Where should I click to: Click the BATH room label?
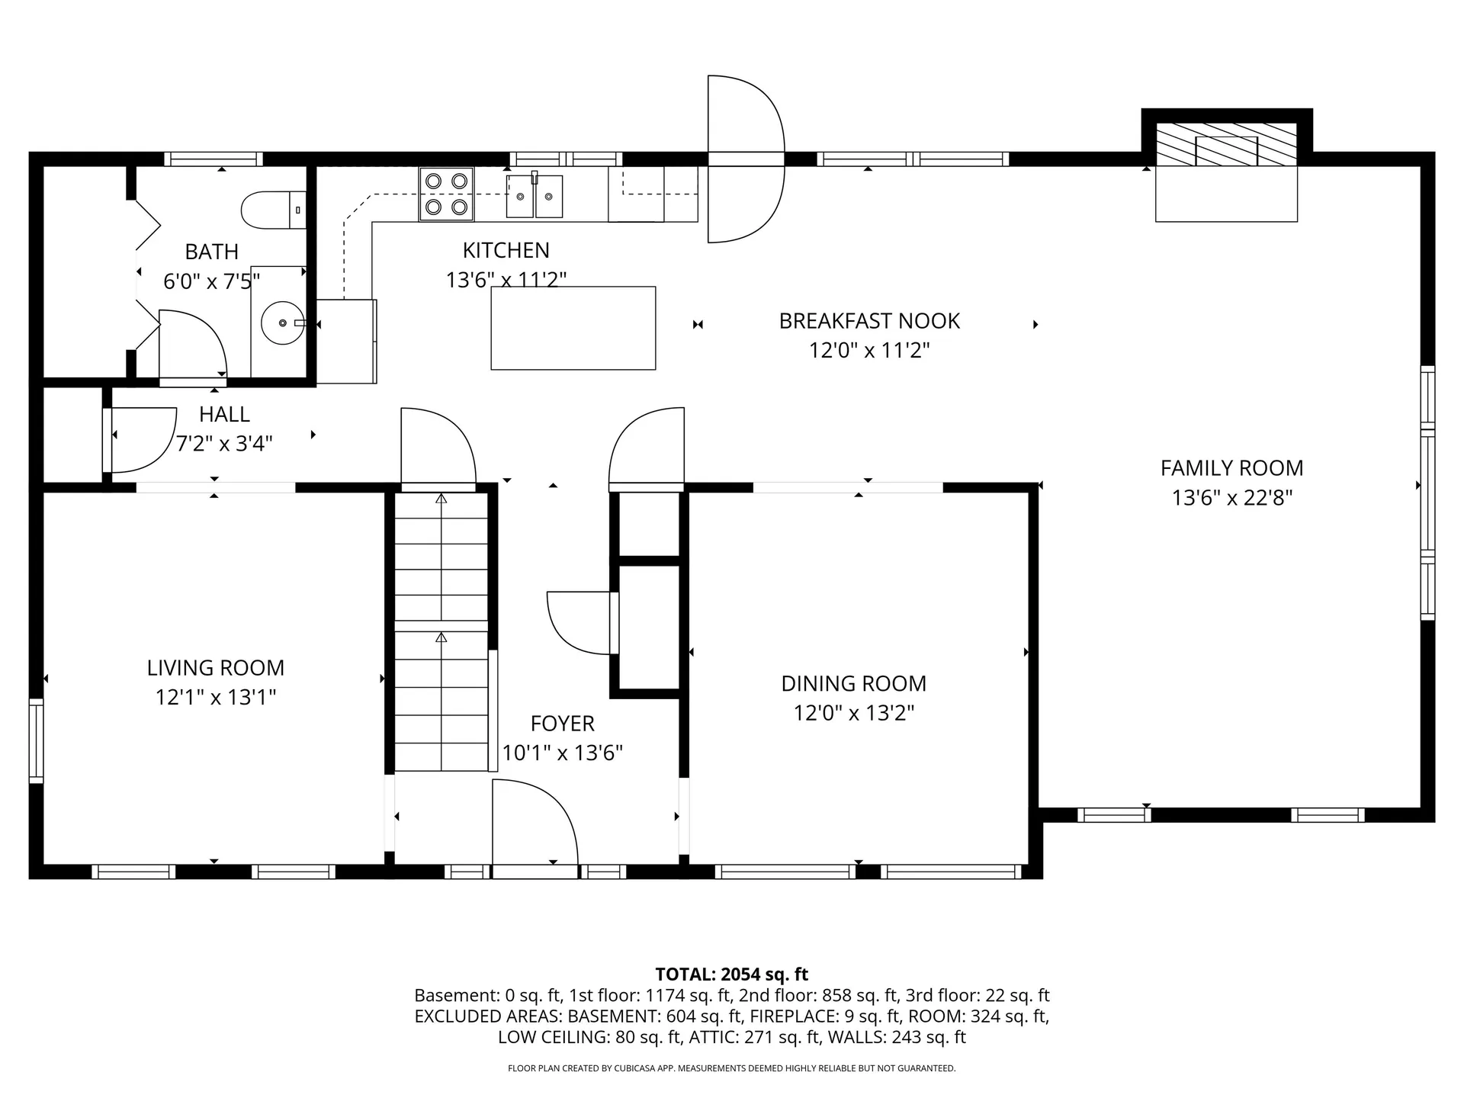(x=211, y=252)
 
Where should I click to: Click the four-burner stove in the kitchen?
(x=446, y=194)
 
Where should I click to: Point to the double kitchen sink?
(x=535, y=196)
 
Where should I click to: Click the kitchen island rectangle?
(x=573, y=328)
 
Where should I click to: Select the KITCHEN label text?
(x=506, y=250)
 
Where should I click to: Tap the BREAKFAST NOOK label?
(x=869, y=321)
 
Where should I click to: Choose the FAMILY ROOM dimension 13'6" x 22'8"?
(x=1231, y=498)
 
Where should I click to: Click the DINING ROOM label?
(x=853, y=683)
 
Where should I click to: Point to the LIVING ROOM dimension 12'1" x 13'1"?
(x=216, y=697)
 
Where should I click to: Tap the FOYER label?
(x=562, y=723)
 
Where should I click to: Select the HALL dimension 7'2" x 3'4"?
(x=224, y=443)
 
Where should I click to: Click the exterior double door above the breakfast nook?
(x=745, y=159)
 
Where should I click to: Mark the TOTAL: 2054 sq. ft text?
(x=731, y=974)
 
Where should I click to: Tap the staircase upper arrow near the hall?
(x=441, y=499)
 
